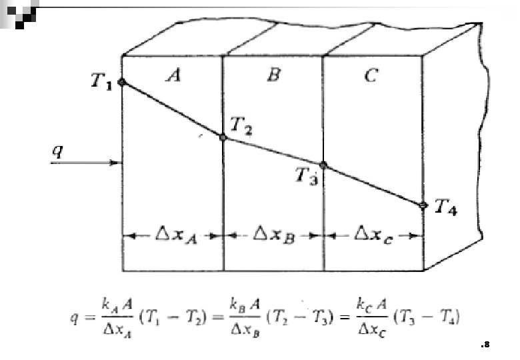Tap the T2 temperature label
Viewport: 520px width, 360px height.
pos(241,124)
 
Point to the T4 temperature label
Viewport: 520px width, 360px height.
pos(446,208)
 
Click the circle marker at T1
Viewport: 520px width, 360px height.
pos(121,82)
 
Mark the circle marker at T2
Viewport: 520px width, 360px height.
pos(223,137)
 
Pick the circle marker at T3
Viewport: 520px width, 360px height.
pos(323,165)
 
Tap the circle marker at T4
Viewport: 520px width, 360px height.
pos(423,205)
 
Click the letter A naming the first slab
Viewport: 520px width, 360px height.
pos(173,76)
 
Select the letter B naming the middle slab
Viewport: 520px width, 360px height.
pos(273,75)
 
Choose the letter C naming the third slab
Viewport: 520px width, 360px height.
pos(371,76)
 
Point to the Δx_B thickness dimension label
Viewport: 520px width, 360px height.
pos(273,235)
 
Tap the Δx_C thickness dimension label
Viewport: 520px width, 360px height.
pos(373,235)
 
